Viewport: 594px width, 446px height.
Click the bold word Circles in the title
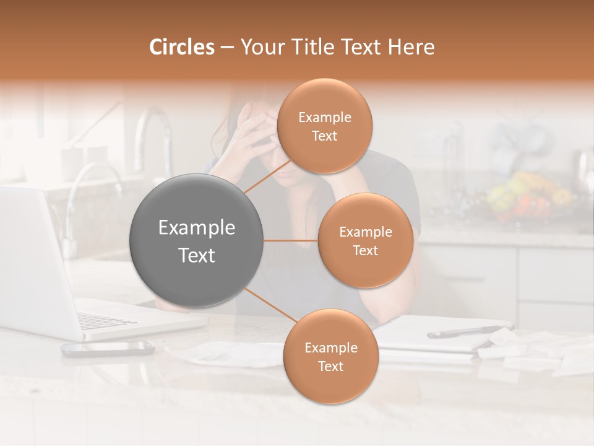coord(182,47)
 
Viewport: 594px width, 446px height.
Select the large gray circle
coord(197,240)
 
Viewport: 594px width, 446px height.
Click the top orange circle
coord(324,126)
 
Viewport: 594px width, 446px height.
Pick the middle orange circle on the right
coord(365,241)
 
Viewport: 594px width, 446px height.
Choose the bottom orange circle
coord(330,357)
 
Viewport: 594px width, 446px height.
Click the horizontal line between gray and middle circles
coord(291,240)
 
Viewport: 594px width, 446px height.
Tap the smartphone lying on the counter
coord(108,348)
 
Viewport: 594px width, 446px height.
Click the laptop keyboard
coord(105,320)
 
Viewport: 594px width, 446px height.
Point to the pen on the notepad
coord(470,330)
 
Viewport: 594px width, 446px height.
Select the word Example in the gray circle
coord(197,228)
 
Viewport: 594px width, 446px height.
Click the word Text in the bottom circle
coord(330,366)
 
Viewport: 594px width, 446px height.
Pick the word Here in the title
coord(411,47)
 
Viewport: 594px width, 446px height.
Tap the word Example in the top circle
coord(325,117)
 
